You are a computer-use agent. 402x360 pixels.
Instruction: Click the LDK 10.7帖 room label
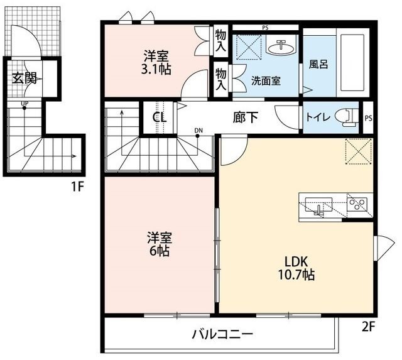coord(296,268)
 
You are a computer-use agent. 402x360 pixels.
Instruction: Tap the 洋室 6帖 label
coord(159,244)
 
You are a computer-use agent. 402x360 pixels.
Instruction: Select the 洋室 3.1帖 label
coord(156,63)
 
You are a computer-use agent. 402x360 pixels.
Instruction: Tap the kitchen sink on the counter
coord(318,205)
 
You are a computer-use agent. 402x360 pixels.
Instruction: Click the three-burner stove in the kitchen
coord(357,204)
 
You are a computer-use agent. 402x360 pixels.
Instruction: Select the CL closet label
coord(160,117)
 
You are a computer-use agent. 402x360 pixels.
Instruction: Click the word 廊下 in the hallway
coord(246,117)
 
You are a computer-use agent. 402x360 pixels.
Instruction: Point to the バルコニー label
coord(222,334)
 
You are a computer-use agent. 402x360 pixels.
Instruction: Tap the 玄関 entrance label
coord(24,78)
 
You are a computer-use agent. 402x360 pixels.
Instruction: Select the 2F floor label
coord(369,327)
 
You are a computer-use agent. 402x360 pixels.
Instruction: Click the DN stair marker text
coord(198,130)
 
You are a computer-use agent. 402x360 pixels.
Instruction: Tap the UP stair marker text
coord(25,104)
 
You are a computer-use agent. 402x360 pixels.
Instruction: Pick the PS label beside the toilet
coord(369,119)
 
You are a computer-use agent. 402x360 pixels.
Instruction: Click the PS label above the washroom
coord(265,28)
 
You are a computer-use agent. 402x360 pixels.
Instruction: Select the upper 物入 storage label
coord(220,40)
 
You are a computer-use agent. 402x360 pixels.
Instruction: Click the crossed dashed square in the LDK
coord(359,151)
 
